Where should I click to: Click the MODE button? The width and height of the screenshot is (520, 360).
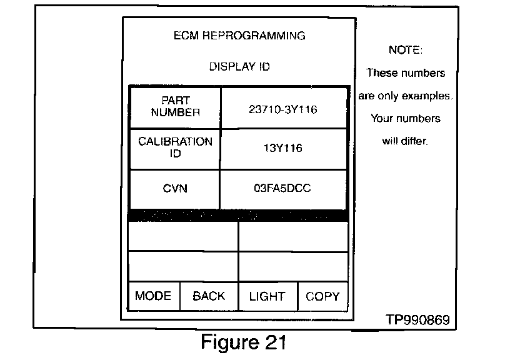153,296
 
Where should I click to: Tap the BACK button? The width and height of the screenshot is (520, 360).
209,296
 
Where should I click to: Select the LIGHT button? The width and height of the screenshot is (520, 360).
267,296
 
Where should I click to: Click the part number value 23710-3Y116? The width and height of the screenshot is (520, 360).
283,109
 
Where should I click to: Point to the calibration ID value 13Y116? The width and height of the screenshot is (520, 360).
283,149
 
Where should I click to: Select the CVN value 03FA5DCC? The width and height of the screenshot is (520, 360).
283,188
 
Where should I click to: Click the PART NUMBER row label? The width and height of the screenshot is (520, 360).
176,107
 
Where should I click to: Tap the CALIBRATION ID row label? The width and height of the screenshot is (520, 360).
176,147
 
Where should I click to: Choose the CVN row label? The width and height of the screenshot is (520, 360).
176,188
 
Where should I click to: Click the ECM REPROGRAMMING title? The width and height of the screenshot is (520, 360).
239,36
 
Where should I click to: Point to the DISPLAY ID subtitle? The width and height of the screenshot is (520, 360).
239,66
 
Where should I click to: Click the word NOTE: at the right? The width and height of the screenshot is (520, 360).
406,50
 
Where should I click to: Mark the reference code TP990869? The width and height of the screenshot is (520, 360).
417,320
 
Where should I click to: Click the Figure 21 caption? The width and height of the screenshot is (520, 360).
244,342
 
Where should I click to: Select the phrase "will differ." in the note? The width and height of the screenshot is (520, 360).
405,141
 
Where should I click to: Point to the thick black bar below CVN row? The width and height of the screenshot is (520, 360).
238,216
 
